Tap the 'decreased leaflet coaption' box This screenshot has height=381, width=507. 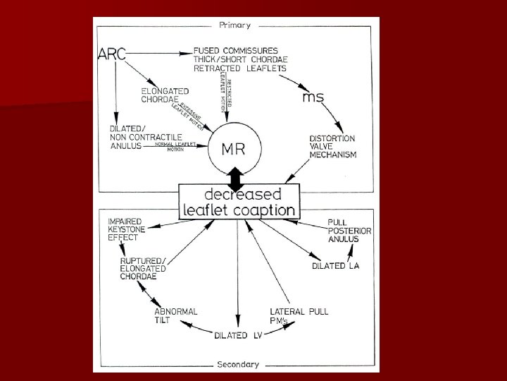click(240, 202)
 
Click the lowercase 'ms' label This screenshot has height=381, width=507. click(313, 97)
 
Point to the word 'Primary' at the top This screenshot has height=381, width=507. click(235, 24)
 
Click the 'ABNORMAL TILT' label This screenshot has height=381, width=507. click(175, 315)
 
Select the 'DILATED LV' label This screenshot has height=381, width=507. click(239, 336)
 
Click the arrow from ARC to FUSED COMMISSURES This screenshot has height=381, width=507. click(158, 53)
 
